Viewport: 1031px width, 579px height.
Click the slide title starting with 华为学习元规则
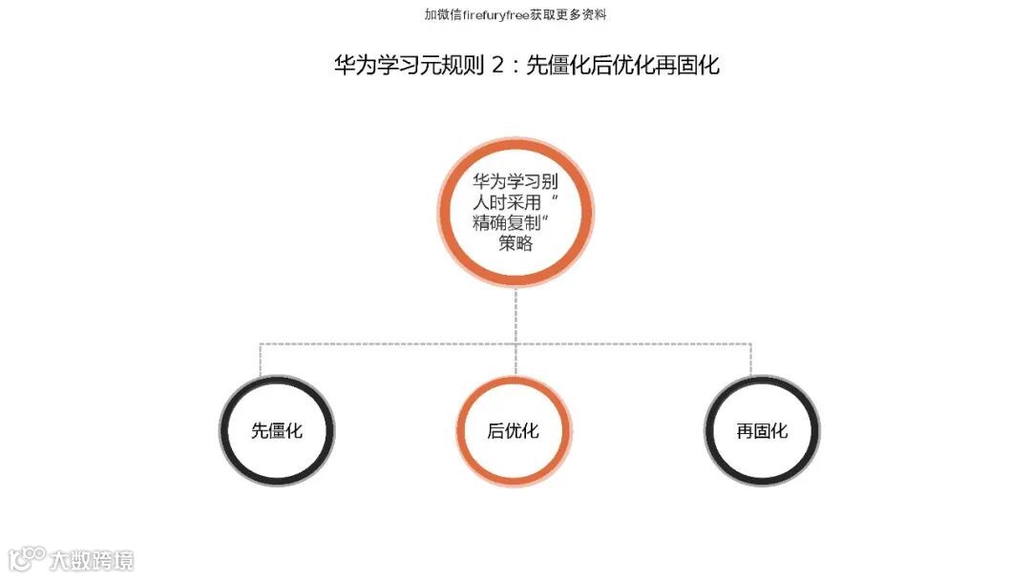point(526,66)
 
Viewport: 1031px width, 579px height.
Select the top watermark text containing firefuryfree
point(515,14)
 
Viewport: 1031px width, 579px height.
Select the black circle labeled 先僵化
point(277,431)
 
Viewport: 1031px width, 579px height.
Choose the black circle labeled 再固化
point(762,431)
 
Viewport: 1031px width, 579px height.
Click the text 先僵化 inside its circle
point(277,431)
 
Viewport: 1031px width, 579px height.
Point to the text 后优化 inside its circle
point(514,431)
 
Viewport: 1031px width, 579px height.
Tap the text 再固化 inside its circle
point(762,431)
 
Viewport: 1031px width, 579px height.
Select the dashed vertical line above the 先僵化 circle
point(261,360)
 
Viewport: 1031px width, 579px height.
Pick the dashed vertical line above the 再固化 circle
point(750,360)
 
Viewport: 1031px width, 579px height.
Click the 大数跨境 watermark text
point(92,559)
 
